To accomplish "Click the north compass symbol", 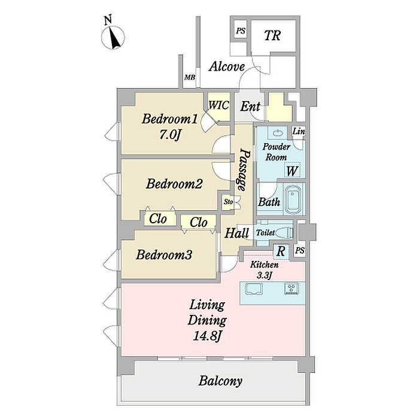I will [113, 37].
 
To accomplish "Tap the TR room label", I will [272, 35].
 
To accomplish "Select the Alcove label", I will [226, 66].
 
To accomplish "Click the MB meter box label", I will [189, 77].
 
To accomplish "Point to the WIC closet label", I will [218, 105].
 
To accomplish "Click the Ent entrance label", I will [250, 107].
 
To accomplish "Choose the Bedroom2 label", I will [175, 184].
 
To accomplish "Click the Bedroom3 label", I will [164, 255].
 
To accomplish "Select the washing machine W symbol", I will [292, 171].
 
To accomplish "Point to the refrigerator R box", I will [280, 251].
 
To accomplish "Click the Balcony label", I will [220, 381].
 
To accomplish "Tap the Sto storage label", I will [228, 202].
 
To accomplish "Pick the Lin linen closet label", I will [298, 132].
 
